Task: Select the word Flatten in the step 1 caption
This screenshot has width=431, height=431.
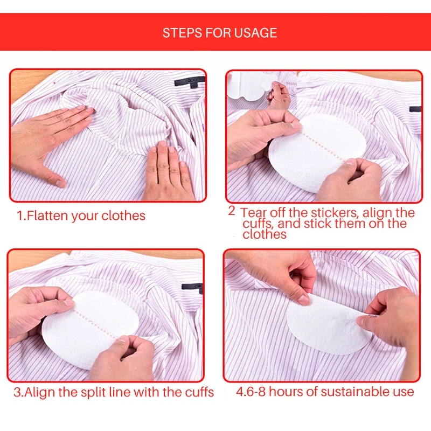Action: [47, 216]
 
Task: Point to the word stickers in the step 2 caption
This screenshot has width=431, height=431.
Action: [330, 212]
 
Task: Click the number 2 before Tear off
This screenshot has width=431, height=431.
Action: [232, 211]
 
